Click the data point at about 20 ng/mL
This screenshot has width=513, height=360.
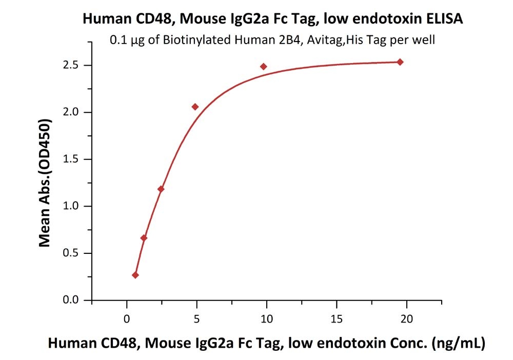tap(400, 62)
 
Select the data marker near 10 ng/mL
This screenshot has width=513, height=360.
tap(264, 67)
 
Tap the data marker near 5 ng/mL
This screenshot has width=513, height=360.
tap(195, 107)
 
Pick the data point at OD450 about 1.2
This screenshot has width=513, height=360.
tap(161, 189)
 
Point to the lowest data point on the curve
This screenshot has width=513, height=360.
tap(135, 275)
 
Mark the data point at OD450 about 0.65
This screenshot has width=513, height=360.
tap(144, 238)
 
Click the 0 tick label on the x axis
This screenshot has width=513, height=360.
tap(127, 318)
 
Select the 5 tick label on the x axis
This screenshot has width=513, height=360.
tap(196, 318)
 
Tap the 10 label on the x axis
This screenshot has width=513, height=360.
tap(267, 318)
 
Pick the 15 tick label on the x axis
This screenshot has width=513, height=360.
tap(337, 318)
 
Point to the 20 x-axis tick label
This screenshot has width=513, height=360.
tap(406, 318)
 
